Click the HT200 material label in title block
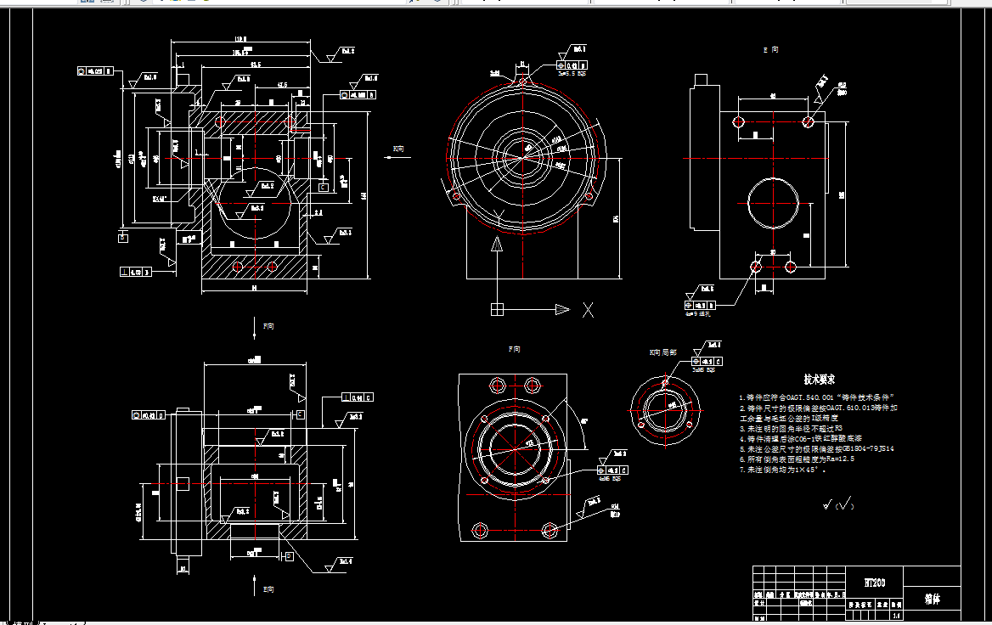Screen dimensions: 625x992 [874, 583]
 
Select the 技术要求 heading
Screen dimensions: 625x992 [820, 380]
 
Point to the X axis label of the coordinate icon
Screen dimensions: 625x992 [588, 310]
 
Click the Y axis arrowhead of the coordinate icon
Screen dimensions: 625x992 [496, 246]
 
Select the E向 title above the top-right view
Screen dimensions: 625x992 [770, 50]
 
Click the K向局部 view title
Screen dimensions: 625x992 [662, 351]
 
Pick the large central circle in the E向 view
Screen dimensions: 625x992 [774, 204]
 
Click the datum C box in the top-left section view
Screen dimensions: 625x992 [323, 186]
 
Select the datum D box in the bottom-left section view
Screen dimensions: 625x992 [289, 555]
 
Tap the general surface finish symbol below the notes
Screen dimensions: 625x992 [838, 505]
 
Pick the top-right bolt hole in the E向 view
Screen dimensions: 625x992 [808, 122]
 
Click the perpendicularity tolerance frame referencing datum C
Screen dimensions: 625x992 [357, 397]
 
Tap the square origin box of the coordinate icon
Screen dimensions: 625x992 [497, 309]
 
